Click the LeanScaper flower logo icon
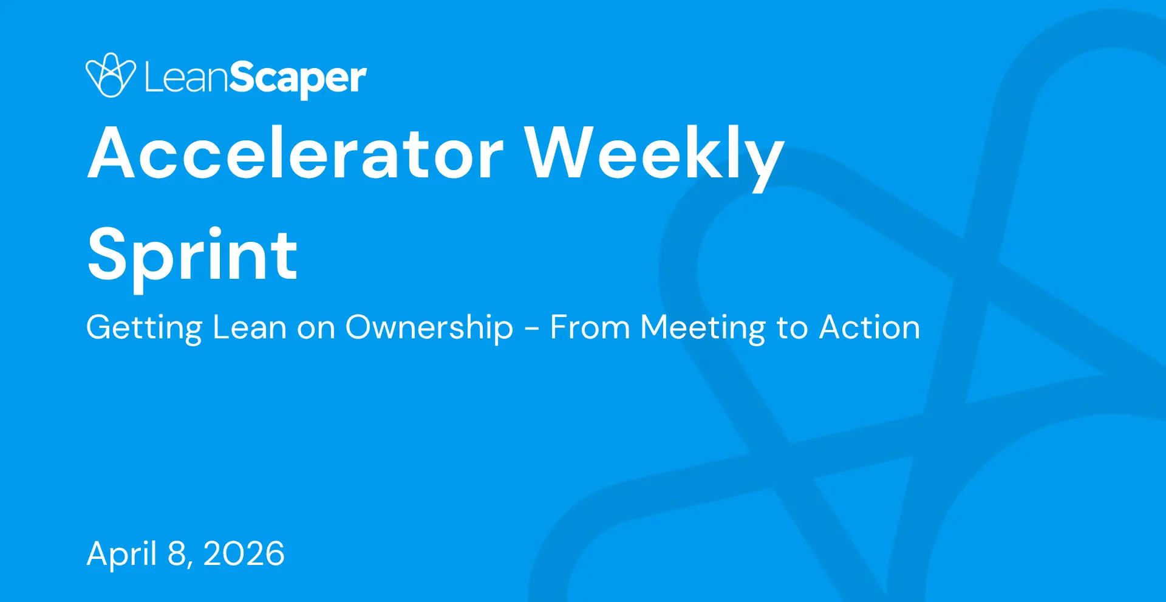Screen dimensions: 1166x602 click(x=111, y=75)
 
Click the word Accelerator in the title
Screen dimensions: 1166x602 click(x=296, y=153)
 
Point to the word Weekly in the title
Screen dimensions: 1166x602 click(x=655, y=157)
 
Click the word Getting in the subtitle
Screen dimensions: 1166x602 click(x=144, y=329)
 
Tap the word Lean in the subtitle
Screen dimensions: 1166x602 click(x=250, y=327)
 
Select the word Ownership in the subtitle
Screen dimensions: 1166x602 click(x=429, y=329)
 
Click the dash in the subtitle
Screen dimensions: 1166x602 click(x=532, y=330)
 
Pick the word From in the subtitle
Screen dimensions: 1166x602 click(x=590, y=327)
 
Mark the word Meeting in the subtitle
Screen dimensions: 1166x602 click(x=703, y=329)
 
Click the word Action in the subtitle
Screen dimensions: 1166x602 click(x=870, y=327)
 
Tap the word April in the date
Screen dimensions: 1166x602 click(x=121, y=555)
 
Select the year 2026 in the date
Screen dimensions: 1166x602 click(x=244, y=554)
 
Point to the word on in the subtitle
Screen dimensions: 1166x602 click(x=316, y=331)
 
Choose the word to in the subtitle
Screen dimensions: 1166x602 click(x=792, y=329)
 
